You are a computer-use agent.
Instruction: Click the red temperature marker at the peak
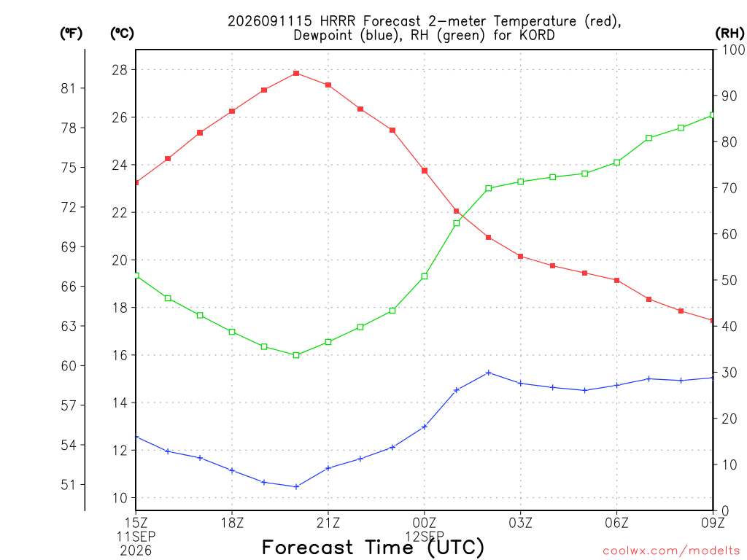(296, 74)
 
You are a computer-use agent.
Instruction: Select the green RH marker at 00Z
(425, 276)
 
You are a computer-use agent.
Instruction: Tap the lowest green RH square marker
(296, 355)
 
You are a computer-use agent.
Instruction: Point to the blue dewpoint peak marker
(488, 373)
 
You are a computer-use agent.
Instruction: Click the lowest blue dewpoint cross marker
(296, 486)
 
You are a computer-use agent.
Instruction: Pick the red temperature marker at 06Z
(617, 281)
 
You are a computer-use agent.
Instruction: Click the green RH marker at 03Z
(521, 182)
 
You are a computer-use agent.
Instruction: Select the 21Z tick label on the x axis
(328, 523)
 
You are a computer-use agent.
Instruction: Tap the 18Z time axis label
(232, 523)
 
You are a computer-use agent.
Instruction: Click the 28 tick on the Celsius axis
(120, 70)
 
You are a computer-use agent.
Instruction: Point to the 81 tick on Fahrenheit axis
(68, 88)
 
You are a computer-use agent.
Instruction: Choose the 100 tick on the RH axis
(733, 50)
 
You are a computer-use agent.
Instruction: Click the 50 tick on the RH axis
(729, 281)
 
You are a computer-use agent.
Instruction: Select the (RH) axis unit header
(729, 34)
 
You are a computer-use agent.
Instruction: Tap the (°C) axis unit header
(122, 34)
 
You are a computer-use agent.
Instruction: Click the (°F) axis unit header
(71, 34)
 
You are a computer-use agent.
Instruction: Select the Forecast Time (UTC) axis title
(373, 547)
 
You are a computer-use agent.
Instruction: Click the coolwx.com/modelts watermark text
(671, 551)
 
